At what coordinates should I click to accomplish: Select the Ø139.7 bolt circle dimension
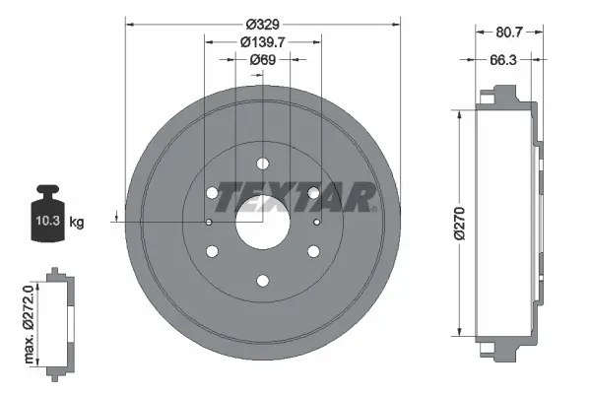pos(263,42)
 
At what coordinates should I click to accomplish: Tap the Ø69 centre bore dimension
pos(262,60)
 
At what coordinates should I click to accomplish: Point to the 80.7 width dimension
pos(508,33)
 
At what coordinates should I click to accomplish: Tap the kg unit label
pos(77,224)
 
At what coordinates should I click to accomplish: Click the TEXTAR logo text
pos(295,197)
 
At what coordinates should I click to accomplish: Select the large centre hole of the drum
pos(263,224)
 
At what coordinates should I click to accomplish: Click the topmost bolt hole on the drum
pos(263,164)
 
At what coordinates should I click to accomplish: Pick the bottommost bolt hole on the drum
pos(263,281)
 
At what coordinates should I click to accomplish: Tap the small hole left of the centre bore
pos(210,224)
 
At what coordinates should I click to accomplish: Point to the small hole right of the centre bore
pos(316,224)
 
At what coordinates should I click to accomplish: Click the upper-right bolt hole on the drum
pos(313,193)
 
